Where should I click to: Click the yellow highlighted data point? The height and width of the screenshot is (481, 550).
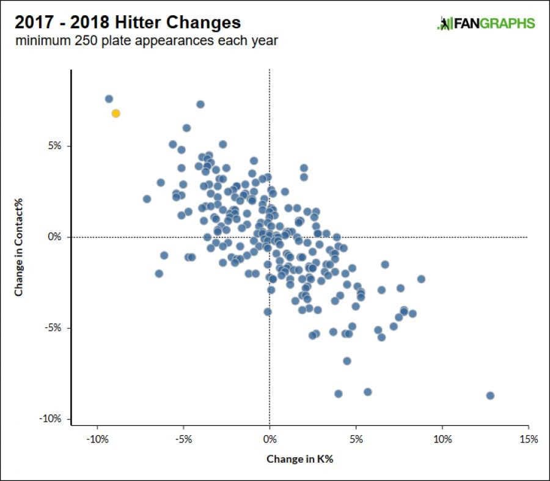click(x=116, y=113)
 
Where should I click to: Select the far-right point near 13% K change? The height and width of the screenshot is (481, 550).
click(x=490, y=395)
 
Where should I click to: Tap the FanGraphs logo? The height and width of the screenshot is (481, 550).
click(x=486, y=24)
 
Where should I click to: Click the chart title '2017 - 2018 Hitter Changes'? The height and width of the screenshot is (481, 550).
click(x=128, y=23)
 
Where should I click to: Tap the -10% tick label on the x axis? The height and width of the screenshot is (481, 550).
click(x=97, y=439)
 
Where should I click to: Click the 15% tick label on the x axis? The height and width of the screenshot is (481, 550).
click(x=528, y=439)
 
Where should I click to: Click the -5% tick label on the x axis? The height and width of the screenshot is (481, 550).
click(x=183, y=439)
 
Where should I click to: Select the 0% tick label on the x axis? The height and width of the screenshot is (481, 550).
click(x=269, y=439)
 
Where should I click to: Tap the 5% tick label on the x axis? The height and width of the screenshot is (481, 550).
click(x=356, y=439)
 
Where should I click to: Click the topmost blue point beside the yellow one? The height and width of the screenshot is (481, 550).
click(x=109, y=98)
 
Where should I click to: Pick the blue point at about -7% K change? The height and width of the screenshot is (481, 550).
click(x=147, y=199)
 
